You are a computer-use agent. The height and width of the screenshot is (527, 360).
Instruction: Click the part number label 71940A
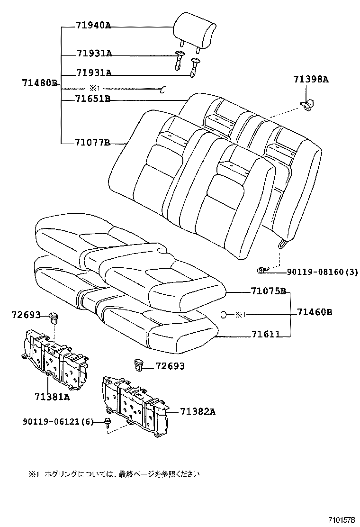point(93,26)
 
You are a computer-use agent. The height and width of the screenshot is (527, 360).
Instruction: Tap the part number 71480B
point(39,83)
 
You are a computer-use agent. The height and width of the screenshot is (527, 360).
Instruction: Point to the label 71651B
point(93,99)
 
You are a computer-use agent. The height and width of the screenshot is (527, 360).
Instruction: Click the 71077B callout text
point(92,142)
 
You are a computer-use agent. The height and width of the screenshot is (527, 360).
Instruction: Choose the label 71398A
point(310,79)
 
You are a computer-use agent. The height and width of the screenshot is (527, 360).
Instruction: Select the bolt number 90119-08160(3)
point(322,272)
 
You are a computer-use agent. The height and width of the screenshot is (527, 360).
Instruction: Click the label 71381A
point(52,396)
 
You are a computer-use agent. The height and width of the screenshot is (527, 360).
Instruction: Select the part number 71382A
point(198,412)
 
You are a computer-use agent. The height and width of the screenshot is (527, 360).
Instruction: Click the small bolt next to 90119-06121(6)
point(108,421)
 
